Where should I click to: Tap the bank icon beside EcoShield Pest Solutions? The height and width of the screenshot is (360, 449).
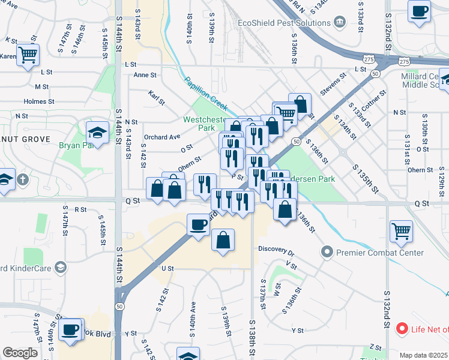click(340, 23)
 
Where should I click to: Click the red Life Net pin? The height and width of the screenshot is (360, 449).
click(402, 329)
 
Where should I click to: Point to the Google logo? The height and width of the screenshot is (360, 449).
click(20, 353)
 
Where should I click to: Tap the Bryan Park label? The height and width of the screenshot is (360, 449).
click(77, 145)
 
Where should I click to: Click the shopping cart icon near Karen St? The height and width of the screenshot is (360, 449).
click(28, 55)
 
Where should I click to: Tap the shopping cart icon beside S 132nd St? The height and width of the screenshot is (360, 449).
click(401, 230)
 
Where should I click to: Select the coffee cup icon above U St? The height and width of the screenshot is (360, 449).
click(199, 224)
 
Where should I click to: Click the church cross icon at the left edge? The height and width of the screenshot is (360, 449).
click(23, 179)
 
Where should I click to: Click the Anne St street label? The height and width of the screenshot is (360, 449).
click(145, 76)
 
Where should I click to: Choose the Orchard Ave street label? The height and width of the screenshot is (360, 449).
click(162, 137)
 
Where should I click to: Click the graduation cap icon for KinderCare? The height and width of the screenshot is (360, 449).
click(60, 267)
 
